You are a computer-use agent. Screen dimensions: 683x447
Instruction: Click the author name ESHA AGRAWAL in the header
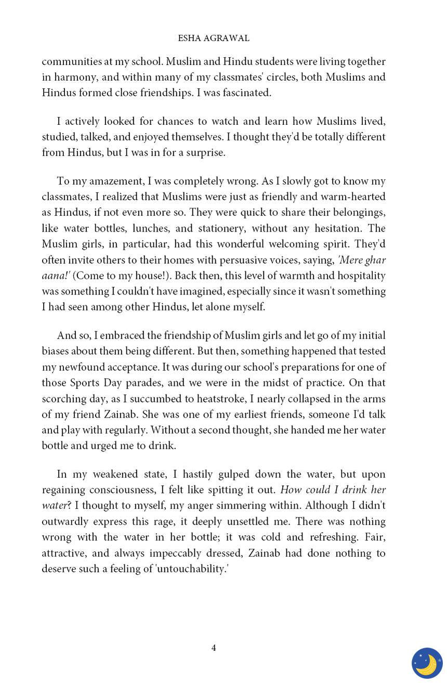tap(214, 38)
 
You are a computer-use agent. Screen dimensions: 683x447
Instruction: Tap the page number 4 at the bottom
tap(214, 648)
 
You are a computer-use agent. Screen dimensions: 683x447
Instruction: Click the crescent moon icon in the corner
tap(427, 663)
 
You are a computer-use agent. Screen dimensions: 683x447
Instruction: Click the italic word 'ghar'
tap(375, 260)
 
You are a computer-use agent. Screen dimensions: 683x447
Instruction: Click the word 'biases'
tap(55, 351)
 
